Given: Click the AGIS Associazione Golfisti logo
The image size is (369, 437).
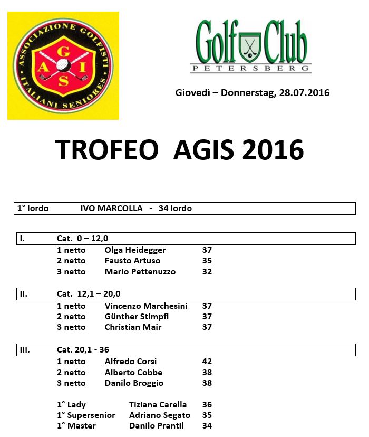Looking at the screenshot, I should (63, 65).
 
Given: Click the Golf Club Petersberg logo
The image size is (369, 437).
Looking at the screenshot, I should (251, 46).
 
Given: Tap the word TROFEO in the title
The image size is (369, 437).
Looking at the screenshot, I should (107, 150).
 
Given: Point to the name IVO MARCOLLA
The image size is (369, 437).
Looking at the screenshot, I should (111, 208).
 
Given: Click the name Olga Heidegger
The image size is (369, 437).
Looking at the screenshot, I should (135, 250).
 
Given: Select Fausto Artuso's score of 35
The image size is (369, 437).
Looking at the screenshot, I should (207, 261).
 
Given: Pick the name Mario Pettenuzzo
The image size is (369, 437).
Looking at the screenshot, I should (140, 272).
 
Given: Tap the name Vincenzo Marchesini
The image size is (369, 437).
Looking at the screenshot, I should (146, 306).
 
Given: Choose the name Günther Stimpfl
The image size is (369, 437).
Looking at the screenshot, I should (137, 317).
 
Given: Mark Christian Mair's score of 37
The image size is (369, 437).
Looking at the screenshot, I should (207, 327).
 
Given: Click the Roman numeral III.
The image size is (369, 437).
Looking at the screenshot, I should (24, 350).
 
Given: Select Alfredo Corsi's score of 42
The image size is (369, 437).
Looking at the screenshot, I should (207, 362).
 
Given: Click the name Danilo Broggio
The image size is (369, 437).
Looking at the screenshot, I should (134, 383).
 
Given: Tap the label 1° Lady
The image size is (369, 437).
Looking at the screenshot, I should (71, 405).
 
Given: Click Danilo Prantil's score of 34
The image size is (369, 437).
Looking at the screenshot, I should (207, 426).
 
